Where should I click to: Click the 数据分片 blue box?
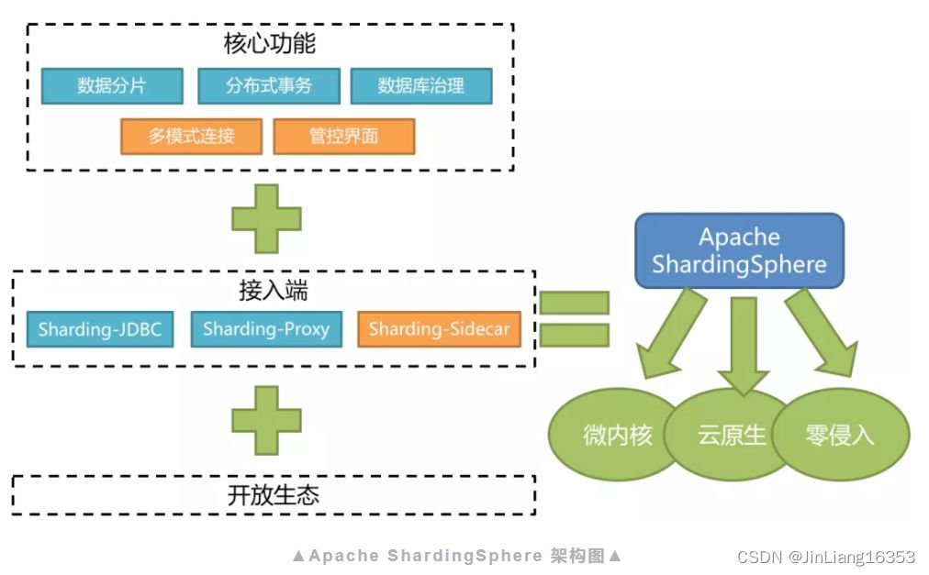[x=112, y=86]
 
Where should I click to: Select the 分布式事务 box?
[x=269, y=86]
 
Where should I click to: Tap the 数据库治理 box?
[x=421, y=86]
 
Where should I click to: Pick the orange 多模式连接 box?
[x=192, y=137]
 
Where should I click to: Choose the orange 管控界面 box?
[x=344, y=137]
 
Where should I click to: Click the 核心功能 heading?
[x=270, y=43]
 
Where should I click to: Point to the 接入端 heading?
[x=274, y=291]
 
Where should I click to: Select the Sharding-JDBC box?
[x=100, y=329]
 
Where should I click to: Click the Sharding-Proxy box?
[x=266, y=329]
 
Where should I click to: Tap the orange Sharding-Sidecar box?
[x=439, y=329]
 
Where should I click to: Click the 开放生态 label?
[x=274, y=495]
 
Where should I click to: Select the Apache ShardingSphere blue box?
[x=739, y=250]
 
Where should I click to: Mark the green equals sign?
[x=574, y=318]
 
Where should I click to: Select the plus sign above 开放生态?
[x=266, y=420]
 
